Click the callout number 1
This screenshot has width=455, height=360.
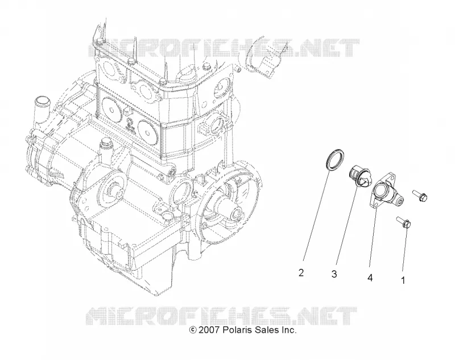(x=403, y=280)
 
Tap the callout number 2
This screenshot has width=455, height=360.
(x=301, y=272)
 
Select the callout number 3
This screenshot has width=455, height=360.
(x=334, y=274)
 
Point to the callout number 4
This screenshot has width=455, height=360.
(x=370, y=278)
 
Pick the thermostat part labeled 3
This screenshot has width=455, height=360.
(x=358, y=177)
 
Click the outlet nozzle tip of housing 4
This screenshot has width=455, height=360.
(x=400, y=201)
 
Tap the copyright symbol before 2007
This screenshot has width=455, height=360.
(x=193, y=330)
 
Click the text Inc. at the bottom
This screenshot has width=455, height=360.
(x=289, y=330)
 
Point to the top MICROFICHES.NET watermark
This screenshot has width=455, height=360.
(x=224, y=48)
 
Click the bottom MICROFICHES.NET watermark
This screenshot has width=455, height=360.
(x=222, y=316)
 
